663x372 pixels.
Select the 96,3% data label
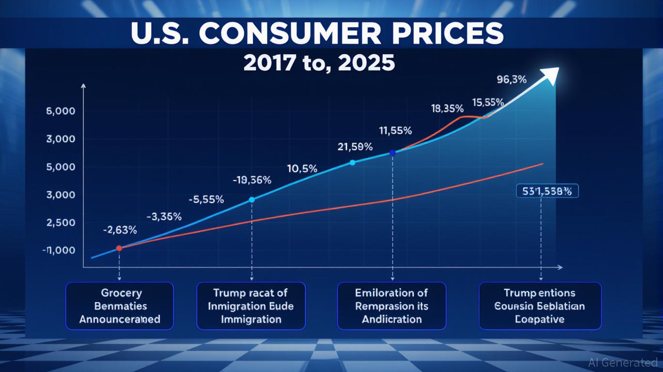(x=511, y=80)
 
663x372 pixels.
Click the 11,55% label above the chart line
(x=395, y=130)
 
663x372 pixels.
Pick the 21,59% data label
(x=355, y=146)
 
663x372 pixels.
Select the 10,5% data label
(x=302, y=169)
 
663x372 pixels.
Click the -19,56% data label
(x=252, y=181)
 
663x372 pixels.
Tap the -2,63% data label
(x=120, y=231)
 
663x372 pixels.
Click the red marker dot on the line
(x=119, y=248)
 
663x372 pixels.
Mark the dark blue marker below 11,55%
(x=393, y=153)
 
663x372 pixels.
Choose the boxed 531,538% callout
(x=547, y=192)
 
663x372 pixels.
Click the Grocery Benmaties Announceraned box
(x=119, y=306)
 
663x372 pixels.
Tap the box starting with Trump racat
(x=251, y=306)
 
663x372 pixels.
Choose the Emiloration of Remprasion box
(x=391, y=306)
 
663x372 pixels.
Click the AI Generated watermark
(x=622, y=362)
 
